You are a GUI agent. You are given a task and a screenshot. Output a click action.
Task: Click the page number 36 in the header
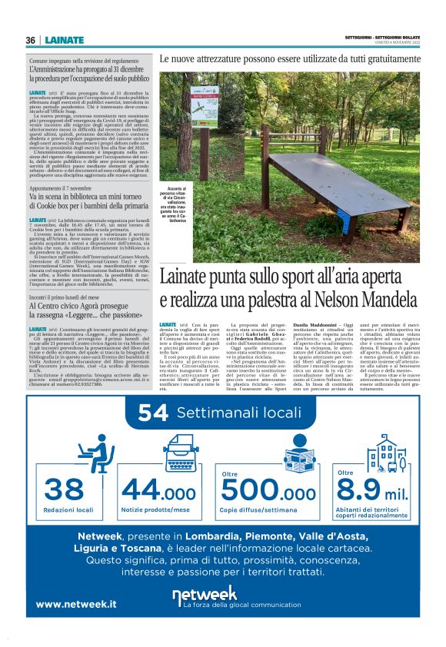coord(30,40)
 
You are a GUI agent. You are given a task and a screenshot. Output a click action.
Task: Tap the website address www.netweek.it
coord(76,604)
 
